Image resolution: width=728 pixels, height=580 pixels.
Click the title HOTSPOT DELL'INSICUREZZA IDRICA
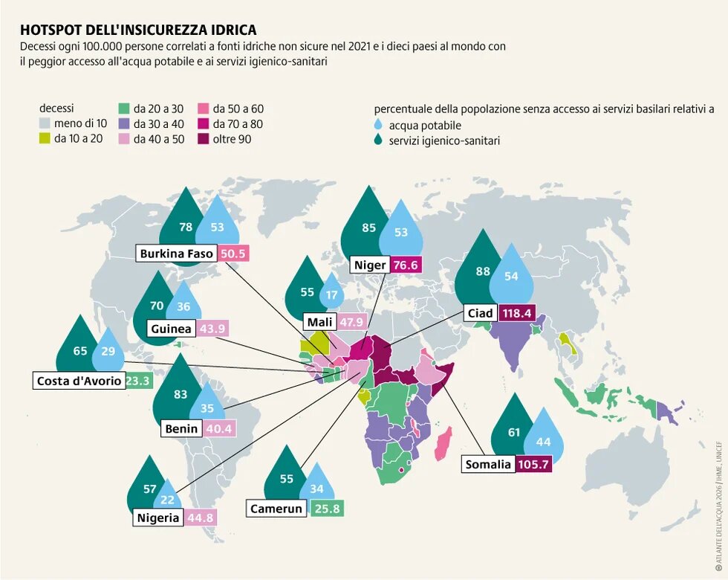click(x=138, y=30)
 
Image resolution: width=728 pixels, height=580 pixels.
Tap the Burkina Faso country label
click(x=177, y=254)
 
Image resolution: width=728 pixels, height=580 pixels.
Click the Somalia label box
click(x=488, y=465)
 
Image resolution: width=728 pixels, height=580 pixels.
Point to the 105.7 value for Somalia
click(x=536, y=465)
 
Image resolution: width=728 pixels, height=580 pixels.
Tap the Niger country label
click(x=369, y=265)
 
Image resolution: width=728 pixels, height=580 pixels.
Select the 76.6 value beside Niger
click(x=406, y=265)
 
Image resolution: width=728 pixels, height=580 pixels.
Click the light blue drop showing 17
click(x=331, y=295)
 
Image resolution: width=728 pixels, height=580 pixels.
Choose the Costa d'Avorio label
click(x=77, y=381)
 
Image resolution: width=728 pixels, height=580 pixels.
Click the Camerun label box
click(x=276, y=509)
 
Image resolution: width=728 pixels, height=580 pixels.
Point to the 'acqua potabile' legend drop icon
click(x=380, y=125)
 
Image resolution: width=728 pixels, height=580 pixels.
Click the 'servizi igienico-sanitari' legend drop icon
click(x=380, y=140)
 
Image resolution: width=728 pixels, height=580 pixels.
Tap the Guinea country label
click(x=171, y=329)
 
